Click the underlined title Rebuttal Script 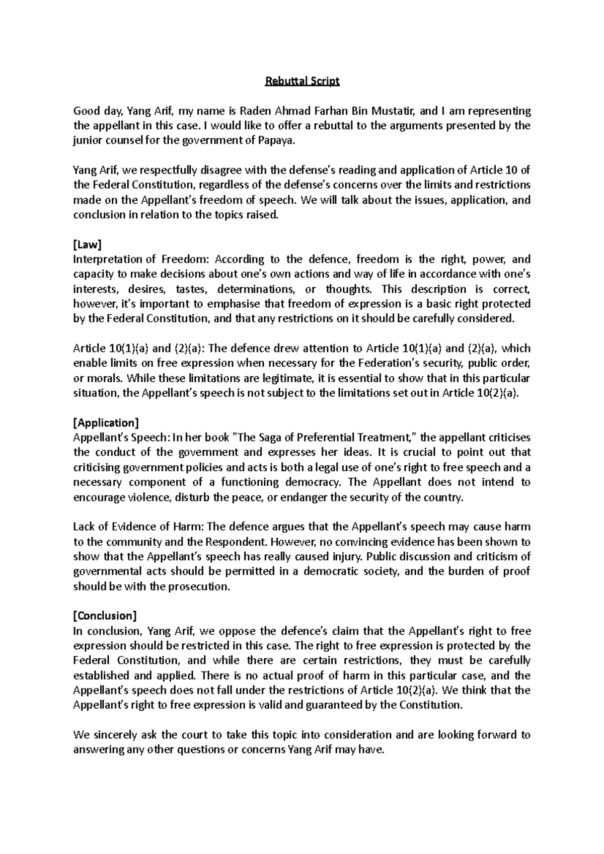[303, 81]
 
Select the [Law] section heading [88, 244]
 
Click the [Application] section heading [106, 422]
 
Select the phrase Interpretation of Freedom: [140, 260]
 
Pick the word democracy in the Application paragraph [313, 482]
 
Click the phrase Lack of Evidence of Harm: [138, 527]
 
